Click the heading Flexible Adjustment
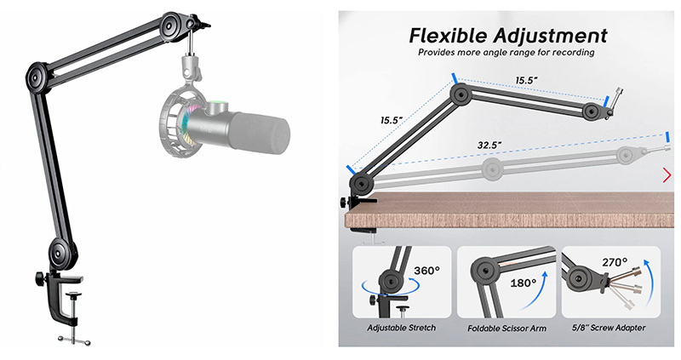pyautogui.click(x=507, y=36)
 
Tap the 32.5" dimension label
pyautogui.click(x=489, y=145)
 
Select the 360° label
pyautogui.click(x=426, y=271)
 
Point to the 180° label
pyautogui.click(x=524, y=283)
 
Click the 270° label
pyautogui.click(x=615, y=262)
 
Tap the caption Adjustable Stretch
pyautogui.click(x=401, y=328)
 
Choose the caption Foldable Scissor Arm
pyautogui.click(x=506, y=329)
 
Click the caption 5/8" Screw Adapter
pyautogui.click(x=609, y=328)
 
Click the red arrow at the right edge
pyautogui.click(x=667, y=175)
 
